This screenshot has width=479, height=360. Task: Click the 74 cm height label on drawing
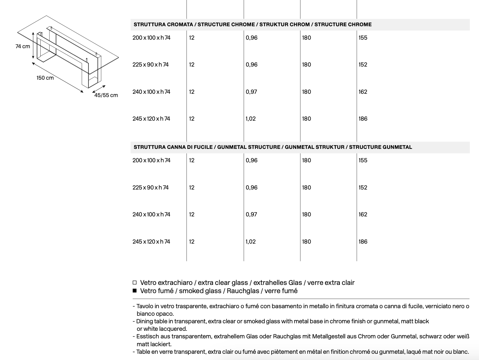pos(23,47)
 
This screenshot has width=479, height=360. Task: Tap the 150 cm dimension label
pos(45,78)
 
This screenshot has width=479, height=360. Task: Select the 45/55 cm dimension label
pos(106,95)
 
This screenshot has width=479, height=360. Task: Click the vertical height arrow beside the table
pos(33,46)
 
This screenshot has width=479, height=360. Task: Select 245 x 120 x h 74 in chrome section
pos(151,119)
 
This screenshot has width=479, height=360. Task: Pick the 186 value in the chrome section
pos(363,119)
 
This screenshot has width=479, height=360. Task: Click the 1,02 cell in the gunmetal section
pos(251,242)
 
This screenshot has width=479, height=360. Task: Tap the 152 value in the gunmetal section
pos(363,188)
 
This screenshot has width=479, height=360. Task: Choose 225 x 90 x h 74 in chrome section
pos(150,65)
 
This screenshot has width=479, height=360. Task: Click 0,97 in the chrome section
pos(251,92)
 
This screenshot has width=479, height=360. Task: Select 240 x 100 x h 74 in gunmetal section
pos(151,214)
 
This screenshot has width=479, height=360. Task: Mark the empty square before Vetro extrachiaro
pos(134,283)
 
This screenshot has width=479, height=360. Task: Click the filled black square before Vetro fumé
pos(134,290)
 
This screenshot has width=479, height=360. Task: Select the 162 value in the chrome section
pos(363,92)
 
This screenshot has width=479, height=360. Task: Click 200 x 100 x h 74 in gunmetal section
pos(151,160)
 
